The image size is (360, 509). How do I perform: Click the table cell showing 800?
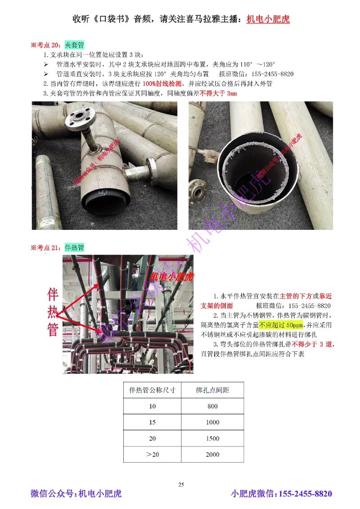click(x=212, y=406)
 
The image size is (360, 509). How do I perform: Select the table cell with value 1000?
click(x=212, y=422)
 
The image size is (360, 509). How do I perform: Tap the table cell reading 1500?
click(x=212, y=438)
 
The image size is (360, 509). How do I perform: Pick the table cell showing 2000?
click(x=212, y=455)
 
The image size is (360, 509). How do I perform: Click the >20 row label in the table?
click(x=152, y=455)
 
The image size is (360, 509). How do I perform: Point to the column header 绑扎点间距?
click(x=212, y=390)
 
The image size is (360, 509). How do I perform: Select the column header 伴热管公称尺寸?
click(x=152, y=390)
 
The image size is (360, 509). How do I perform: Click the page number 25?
click(x=181, y=484)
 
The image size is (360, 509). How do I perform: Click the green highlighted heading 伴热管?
click(x=74, y=247)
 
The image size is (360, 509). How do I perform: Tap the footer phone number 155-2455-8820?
click(x=306, y=494)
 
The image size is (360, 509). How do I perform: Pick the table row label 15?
click(x=152, y=422)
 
